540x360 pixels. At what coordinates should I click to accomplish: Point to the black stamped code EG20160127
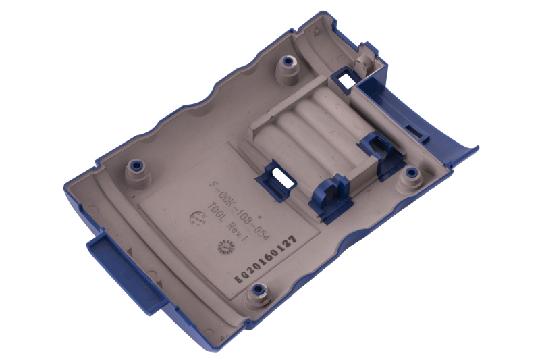tap(265, 260)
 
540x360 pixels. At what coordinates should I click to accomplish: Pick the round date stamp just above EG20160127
tap(223, 247)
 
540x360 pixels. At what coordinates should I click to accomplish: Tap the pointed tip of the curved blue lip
tap(477, 148)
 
